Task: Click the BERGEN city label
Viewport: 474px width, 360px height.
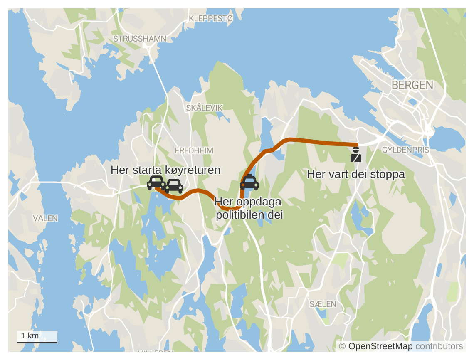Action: click(412, 85)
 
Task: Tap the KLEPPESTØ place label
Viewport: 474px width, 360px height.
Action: click(211, 18)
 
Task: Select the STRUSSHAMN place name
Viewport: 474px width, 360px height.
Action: click(140, 39)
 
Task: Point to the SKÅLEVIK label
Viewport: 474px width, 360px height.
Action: click(204, 108)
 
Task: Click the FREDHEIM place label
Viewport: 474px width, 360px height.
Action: click(194, 150)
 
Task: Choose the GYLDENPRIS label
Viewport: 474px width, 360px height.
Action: click(405, 150)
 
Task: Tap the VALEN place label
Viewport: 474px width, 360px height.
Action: click(45, 218)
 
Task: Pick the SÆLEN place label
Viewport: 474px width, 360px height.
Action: click(323, 304)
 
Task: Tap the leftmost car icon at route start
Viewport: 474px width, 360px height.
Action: click(156, 182)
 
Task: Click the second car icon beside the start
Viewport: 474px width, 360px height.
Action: click(174, 186)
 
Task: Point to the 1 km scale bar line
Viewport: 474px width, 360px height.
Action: click(37, 343)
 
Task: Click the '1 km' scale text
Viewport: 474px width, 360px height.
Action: click(30, 335)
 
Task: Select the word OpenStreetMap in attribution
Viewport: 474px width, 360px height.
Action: click(380, 346)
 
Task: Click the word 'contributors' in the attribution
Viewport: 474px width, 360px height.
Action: click(439, 346)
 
